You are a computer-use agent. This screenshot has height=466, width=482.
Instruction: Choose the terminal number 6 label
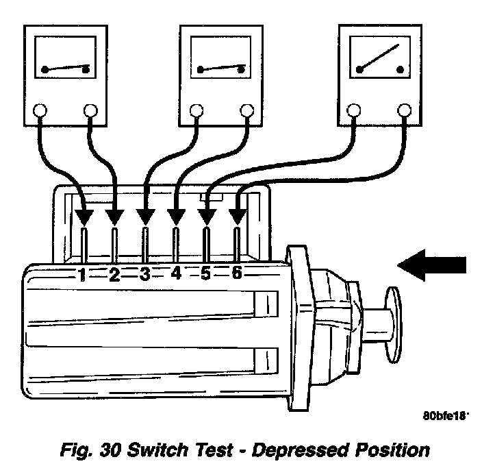237,274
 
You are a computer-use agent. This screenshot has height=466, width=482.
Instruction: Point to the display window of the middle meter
221,62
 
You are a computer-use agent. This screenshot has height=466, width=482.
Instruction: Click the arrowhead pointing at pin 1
84,217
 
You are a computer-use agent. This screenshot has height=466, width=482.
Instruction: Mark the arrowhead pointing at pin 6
237,217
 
